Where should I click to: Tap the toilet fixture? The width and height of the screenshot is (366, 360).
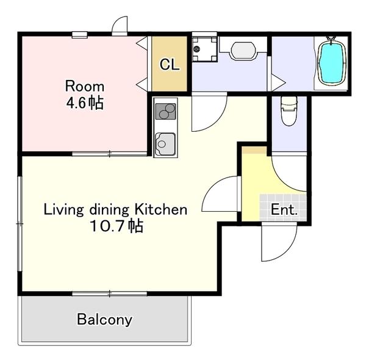click(289, 111)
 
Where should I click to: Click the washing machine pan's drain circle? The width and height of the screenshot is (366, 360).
click(198, 49)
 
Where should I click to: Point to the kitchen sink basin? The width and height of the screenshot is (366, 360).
click(165, 144)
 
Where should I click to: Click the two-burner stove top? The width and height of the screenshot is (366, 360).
click(165, 112)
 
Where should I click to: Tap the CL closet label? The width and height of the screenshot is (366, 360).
click(170, 65)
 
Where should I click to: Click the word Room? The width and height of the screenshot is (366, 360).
click(85, 86)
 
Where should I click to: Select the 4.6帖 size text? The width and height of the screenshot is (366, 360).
click(85, 103)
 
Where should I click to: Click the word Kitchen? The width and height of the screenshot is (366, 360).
click(161, 209)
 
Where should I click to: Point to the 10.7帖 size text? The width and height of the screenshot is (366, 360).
click(117, 226)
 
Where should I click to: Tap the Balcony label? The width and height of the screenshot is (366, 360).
click(104, 320)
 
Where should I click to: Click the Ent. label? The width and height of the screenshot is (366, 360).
click(284, 209)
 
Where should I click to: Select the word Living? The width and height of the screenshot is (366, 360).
click(63, 210)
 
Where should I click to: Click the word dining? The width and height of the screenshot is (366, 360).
click(109, 210)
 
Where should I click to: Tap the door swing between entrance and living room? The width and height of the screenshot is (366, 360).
click(212, 187)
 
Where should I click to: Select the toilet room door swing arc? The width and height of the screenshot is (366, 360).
click(284, 180)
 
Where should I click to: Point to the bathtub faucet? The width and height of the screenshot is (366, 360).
click(331, 39)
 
